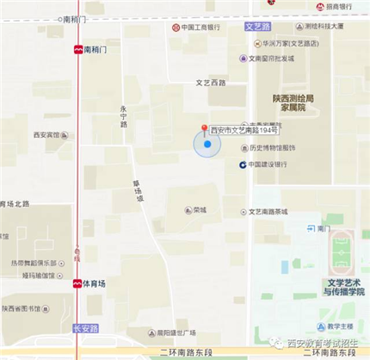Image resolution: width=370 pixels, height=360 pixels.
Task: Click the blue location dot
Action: (x=207, y=145)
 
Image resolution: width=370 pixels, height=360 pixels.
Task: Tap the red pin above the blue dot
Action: (x=205, y=130)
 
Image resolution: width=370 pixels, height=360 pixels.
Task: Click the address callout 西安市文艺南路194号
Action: (x=244, y=131)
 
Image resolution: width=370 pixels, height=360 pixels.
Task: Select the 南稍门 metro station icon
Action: (x=78, y=50)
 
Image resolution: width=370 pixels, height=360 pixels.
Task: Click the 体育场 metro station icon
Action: (x=77, y=282)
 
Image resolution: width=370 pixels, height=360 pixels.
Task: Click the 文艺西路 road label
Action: (x=210, y=83)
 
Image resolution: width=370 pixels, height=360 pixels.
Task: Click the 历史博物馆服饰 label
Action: (x=266, y=146)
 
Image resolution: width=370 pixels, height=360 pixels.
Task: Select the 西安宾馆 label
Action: (x=47, y=135)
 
